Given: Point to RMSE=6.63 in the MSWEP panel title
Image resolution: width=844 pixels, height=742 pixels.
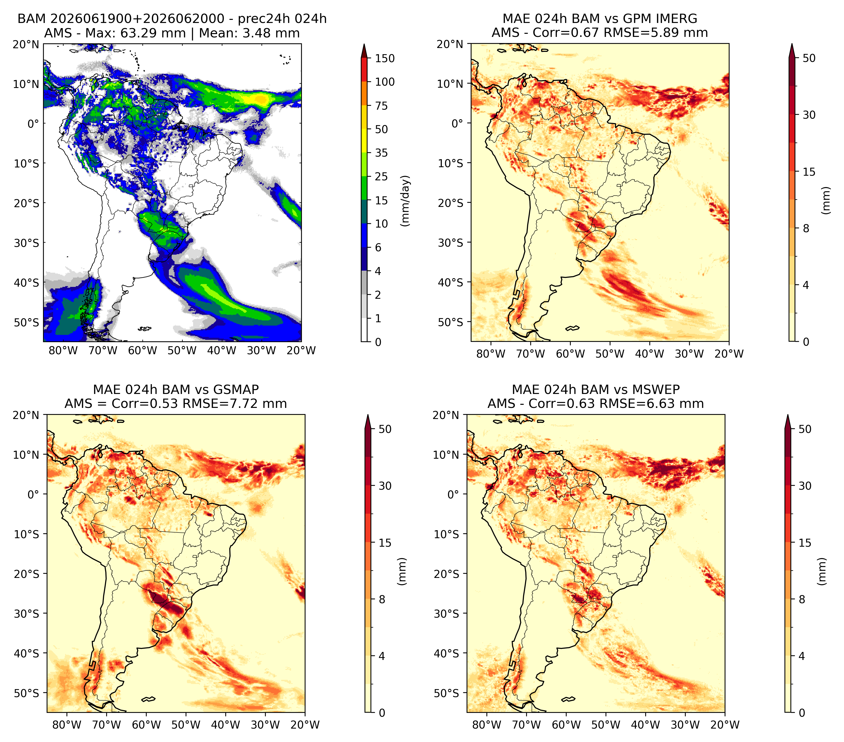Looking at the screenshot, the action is coord(642,404).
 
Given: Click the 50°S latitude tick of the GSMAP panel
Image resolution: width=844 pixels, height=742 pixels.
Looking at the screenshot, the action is coord(27,693).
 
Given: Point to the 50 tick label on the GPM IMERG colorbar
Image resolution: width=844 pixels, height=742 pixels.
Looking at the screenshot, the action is coord(809,58).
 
